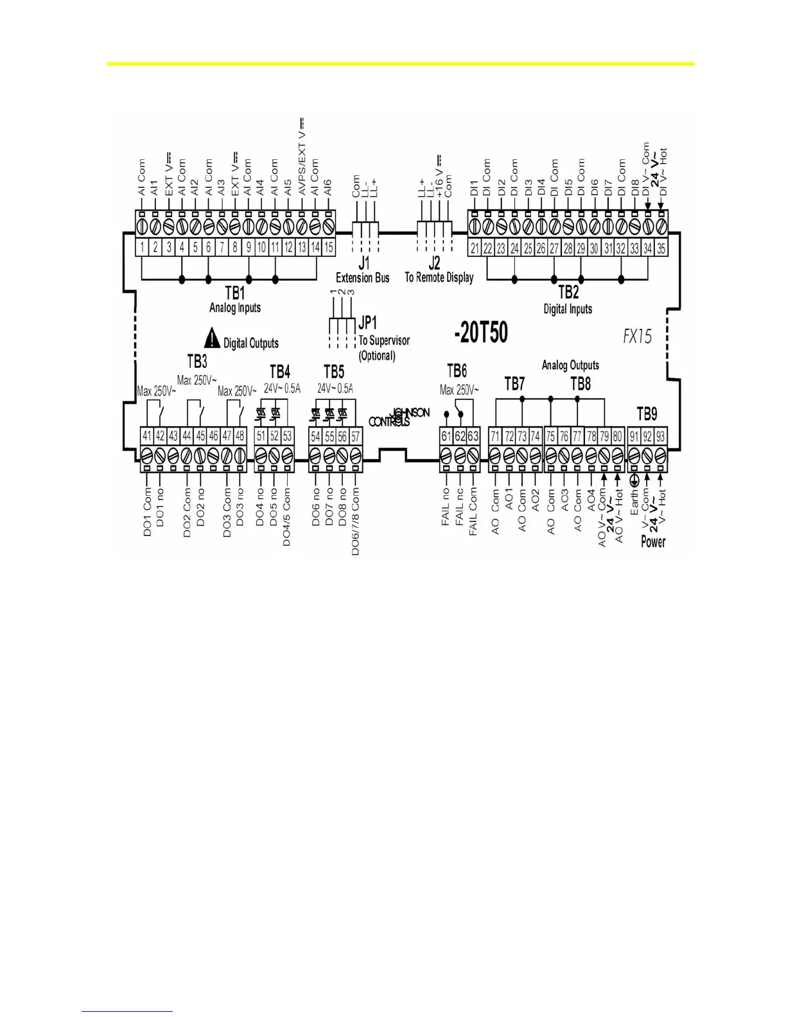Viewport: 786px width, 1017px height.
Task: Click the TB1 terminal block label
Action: click(x=235, y=293)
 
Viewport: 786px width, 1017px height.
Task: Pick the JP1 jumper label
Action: click(x=368, y=323)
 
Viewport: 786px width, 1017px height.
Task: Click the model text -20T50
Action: click(x=480, y=333)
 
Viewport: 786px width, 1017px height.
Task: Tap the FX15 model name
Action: click(x=637, y=336)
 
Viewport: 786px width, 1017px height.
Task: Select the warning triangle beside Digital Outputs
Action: click(x=212, y=337)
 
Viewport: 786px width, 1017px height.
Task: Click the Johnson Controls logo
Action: click(x=399, y=417)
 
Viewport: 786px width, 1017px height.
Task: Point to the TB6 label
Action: click(x=457, y=371)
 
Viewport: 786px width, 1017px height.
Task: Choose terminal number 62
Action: click(x=460, y=437)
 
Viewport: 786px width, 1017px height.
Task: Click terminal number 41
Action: click(x=147, y=436)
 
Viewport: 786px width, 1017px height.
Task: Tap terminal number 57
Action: click(x=355, y=437)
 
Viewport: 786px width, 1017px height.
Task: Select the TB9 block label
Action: click(x=647, y=413)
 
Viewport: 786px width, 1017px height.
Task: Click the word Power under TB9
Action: click(x=653, y=542)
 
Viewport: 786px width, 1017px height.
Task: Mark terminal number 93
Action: click(x=660, y=437)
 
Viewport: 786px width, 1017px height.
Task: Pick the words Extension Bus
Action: click(x=363, y=278)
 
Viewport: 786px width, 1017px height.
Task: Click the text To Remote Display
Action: click(x=439, y=278)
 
